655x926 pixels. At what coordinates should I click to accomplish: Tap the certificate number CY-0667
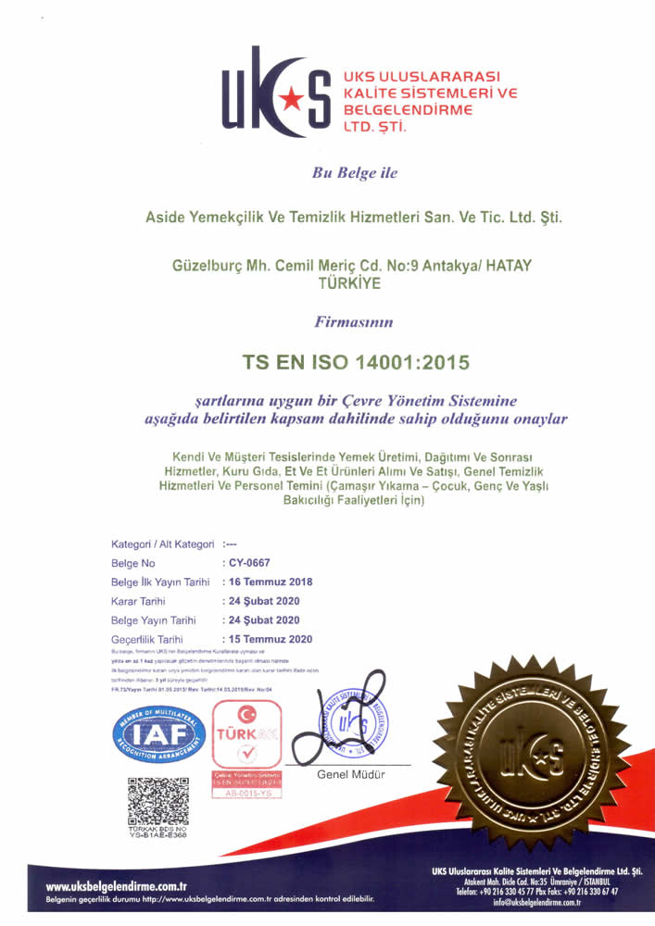250,563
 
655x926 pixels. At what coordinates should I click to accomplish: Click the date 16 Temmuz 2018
271,582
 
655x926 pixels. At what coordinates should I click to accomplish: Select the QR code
158,802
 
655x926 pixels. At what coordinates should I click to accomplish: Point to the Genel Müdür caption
351,773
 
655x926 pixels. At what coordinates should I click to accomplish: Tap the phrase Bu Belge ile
356,171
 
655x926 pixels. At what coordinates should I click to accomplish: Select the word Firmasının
356,322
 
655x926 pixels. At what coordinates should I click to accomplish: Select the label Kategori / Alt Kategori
163,544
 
